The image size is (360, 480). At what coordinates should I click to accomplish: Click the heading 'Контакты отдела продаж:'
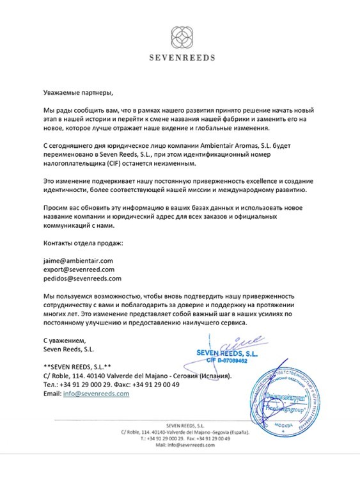point(82,244)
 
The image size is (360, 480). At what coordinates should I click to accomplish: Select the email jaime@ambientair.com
point(78,260)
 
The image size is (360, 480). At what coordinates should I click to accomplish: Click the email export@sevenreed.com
point(79,269)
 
